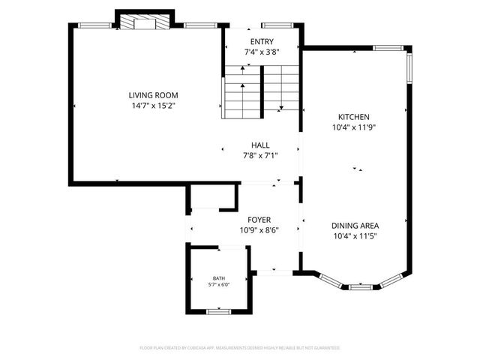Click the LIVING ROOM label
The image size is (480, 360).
point(153,95)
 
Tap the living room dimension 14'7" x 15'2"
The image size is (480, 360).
point(153,106)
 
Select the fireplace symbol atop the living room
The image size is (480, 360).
point(145,22)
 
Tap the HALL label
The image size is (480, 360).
point(260,145)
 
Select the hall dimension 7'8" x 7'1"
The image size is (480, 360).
point(260,156)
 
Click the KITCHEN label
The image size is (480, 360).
point(353,117)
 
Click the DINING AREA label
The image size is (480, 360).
point(355,225)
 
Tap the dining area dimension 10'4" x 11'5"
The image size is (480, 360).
point(355,236)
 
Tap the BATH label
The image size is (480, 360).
point(218,277)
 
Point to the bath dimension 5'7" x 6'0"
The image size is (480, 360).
point(218,284)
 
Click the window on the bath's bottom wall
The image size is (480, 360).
point(218,310)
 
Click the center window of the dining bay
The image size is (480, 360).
point(361,286)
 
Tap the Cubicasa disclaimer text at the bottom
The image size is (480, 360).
point(240,348)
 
